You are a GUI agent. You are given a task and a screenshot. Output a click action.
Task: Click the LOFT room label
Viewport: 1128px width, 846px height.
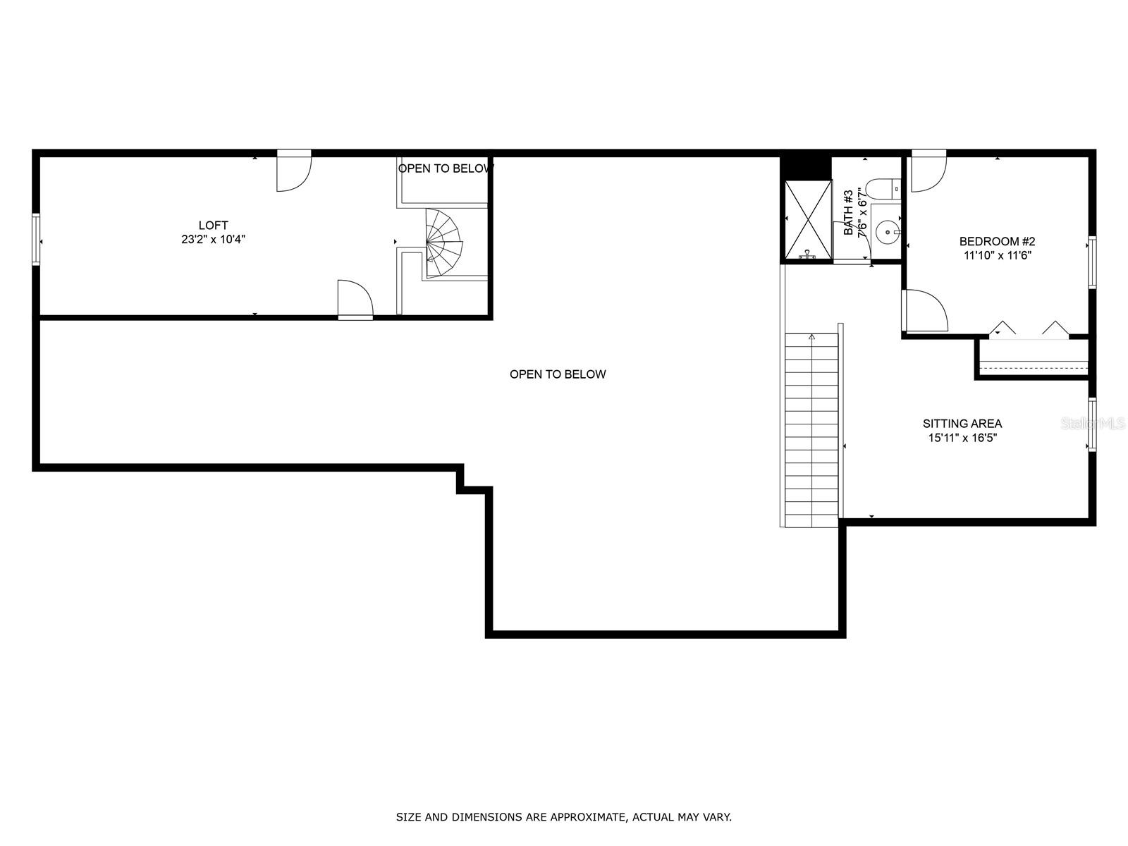point(213,226)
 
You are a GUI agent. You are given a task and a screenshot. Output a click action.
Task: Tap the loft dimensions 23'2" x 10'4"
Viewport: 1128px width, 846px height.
point(213,240)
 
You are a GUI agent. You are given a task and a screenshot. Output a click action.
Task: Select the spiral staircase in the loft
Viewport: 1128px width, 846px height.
point(443,243)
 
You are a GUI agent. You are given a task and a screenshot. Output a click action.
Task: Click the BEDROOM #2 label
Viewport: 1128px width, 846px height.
point(997,241)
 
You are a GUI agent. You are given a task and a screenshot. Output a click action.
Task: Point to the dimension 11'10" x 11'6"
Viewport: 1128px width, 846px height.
point(997,255)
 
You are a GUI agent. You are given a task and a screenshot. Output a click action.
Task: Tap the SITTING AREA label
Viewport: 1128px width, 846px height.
point(962,424)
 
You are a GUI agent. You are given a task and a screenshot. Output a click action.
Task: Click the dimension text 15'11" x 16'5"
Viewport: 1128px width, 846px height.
point(962,438)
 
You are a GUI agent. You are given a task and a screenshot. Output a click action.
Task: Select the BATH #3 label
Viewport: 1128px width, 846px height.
point(849,213)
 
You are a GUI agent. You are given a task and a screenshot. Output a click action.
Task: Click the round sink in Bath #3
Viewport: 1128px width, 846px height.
point(887,231)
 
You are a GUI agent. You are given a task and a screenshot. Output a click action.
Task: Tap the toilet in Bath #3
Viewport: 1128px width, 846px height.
point(883,189)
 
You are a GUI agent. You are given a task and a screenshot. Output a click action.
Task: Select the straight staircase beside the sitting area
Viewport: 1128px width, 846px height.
point(811,430)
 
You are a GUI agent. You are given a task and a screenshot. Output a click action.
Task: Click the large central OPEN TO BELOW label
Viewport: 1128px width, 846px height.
point(558,374)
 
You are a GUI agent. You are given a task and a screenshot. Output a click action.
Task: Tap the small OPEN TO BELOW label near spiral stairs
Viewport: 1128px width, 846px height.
point(446,168)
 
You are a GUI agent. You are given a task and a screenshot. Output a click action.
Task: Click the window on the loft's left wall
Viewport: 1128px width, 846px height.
point(36,240)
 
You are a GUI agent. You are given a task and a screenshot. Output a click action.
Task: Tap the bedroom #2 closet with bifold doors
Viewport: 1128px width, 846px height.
point(1033,357)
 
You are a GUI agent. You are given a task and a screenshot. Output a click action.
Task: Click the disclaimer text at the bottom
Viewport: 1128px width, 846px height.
point(563,817)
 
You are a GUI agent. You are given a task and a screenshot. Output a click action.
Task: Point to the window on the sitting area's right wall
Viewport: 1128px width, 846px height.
point(1092,424)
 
